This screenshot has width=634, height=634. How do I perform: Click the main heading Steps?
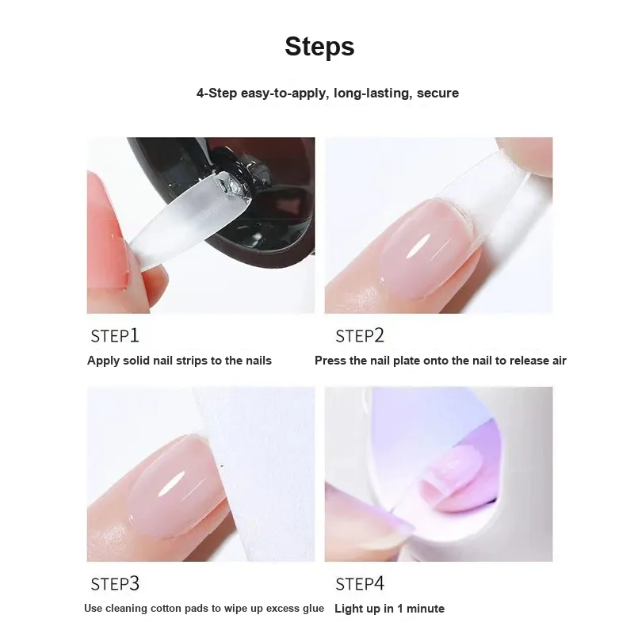[319, 47]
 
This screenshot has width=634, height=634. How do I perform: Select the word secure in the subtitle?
[438, 93]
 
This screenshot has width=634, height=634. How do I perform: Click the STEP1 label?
[115, 335]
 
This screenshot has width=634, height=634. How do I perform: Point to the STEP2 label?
[360, 335]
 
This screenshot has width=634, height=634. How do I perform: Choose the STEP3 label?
[115, 584]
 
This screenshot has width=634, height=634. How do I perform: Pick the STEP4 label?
[360, 584]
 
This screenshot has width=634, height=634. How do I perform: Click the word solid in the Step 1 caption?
[136, 361]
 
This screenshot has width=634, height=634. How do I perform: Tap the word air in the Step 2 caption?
[559, 361]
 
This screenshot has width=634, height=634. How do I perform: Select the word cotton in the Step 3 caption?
[164, 608]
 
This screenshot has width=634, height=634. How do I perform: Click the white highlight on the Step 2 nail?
[418, 247]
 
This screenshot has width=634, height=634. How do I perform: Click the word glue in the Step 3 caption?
[314, 609]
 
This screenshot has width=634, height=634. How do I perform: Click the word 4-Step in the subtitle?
[216, 94]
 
